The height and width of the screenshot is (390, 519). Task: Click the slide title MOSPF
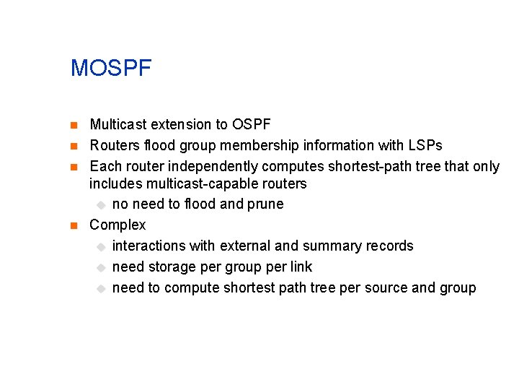(111, 69)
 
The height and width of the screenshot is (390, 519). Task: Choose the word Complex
(117, 225)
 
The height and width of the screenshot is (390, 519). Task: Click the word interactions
(149, 246)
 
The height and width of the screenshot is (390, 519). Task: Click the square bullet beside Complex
(74, 226)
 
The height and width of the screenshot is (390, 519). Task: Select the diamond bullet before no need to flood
(102, 205)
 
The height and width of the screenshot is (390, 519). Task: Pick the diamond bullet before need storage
(102, 268)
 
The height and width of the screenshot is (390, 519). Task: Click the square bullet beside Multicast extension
(74, 126)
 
